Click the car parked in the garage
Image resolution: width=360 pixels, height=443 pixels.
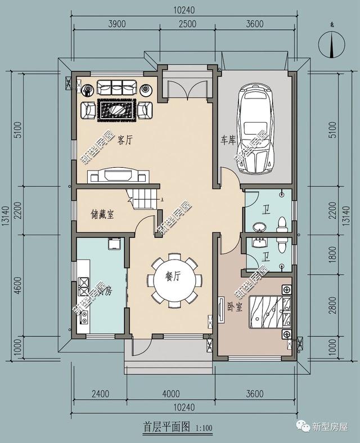256,129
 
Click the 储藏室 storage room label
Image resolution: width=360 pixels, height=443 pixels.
102,214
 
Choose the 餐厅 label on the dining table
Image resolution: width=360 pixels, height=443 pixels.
173,276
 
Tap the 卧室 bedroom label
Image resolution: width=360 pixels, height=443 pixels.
235,308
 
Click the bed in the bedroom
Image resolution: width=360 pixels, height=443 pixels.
270,312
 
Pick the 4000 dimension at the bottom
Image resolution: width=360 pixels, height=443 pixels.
170,393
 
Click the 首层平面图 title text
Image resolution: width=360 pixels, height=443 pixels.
167,427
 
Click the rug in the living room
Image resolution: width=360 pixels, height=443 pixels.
117,109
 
